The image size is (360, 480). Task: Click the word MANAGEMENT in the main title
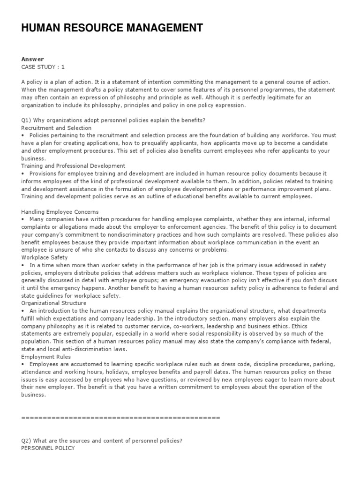coord(163,28)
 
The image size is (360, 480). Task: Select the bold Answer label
coord(32,59)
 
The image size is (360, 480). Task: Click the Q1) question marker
coord(27,120)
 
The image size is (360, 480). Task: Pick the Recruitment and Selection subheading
coord(56,128)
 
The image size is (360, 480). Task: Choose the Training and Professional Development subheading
coord(73,165)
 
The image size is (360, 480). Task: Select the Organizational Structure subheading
coord(54,303)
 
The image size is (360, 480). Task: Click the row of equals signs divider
coord(120,417)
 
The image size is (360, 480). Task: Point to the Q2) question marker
coord(27,440)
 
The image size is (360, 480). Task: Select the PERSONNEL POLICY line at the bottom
coord(48,448)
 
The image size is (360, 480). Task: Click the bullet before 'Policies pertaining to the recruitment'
coord(23,135)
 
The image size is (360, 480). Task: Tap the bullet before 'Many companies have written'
coord(23,219)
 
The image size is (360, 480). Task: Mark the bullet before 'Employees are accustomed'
coord(23,364)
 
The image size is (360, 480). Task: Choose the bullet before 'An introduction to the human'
coord(23,311)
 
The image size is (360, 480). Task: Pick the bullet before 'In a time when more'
coord(23,265)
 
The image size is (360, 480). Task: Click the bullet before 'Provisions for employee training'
coord(23,173)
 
